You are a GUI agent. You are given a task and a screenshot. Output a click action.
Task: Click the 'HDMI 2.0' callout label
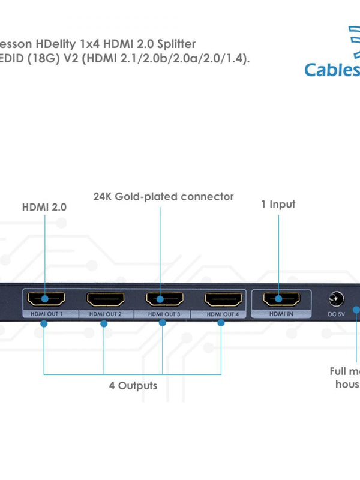point(44,207)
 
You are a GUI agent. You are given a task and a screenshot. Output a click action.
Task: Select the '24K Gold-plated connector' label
point(163,196)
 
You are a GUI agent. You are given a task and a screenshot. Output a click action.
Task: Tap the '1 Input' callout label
point(278,204)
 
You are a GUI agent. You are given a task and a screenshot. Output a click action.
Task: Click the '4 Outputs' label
point(133,385)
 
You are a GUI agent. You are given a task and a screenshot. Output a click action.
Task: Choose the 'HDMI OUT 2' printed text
point(105,314)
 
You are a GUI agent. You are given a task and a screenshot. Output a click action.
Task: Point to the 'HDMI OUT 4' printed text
point(223,314)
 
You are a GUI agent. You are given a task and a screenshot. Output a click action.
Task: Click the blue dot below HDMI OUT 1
point(44,323)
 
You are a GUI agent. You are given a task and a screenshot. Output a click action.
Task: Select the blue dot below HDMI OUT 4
point(221,323)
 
